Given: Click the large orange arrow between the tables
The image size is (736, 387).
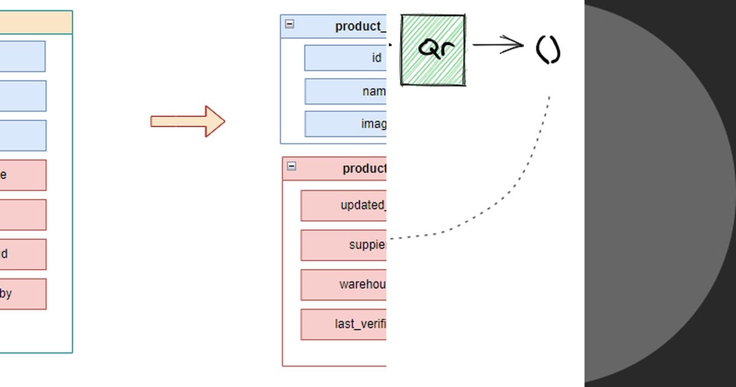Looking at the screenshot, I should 188,121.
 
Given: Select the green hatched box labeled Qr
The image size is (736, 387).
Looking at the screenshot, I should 433,50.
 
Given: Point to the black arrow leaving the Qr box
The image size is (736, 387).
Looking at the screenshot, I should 497,44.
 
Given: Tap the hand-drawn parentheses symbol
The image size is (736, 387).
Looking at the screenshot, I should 548,50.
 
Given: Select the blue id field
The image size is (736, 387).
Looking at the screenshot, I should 345,58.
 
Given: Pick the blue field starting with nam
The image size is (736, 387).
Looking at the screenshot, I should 345,92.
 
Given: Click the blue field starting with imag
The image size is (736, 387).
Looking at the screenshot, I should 345,124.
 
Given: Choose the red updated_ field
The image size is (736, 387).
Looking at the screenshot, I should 343,205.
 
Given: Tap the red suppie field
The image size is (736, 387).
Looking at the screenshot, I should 343,245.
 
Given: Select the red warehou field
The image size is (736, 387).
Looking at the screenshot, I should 343,284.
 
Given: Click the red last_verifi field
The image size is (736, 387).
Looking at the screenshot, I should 343,324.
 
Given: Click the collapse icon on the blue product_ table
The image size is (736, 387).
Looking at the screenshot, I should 289,24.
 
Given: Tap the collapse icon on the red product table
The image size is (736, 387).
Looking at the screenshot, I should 291,166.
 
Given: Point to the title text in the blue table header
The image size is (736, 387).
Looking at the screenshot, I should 361,26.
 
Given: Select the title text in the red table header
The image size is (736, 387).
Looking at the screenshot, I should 364,168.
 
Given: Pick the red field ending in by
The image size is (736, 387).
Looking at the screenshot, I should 23,294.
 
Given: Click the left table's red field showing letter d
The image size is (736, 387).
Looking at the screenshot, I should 23,254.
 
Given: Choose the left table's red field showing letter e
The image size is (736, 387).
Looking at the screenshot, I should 23,175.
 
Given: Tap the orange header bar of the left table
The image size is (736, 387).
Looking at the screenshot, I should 36,22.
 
